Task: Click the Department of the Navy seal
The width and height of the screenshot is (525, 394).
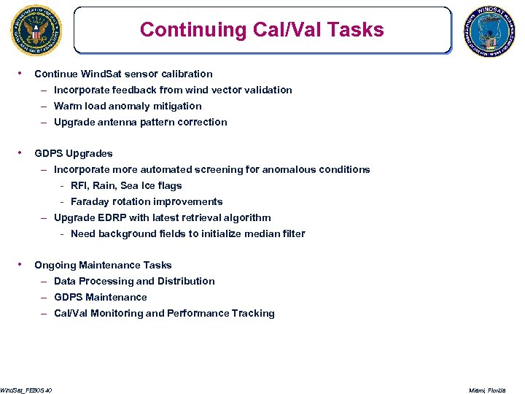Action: [36, 30]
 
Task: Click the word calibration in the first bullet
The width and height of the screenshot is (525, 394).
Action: [187, 74]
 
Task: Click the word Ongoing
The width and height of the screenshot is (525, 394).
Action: [55, 265]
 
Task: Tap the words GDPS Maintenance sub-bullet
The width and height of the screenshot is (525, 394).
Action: [101, 297]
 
